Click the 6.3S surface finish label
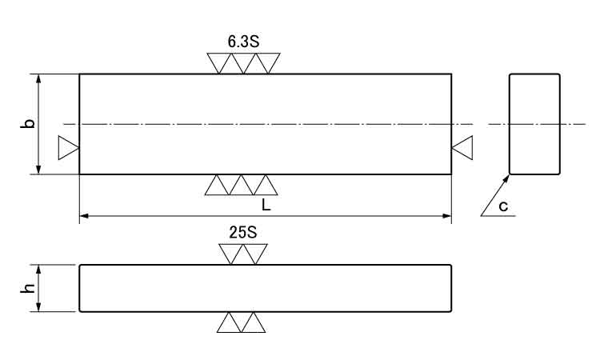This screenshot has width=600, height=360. click(243, 42)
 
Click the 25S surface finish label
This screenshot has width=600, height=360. click(243, 232)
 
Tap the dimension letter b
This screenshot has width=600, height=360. click(27, 123)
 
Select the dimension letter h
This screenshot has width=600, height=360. click(27, 288)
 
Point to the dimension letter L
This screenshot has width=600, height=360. click(266, 206)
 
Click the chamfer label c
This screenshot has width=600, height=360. click(503, 206)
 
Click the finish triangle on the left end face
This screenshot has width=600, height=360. click(69, 148)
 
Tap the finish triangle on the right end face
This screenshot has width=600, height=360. click(462, 148)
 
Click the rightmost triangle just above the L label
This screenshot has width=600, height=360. click(266, 185)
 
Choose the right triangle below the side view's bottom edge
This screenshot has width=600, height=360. click(254, 322)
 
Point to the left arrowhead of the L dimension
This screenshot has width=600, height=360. click(84, 216)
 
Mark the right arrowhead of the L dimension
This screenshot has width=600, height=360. click(447, 216)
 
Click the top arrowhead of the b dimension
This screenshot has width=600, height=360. click(38, 79)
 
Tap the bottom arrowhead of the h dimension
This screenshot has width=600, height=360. click(38, 307)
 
